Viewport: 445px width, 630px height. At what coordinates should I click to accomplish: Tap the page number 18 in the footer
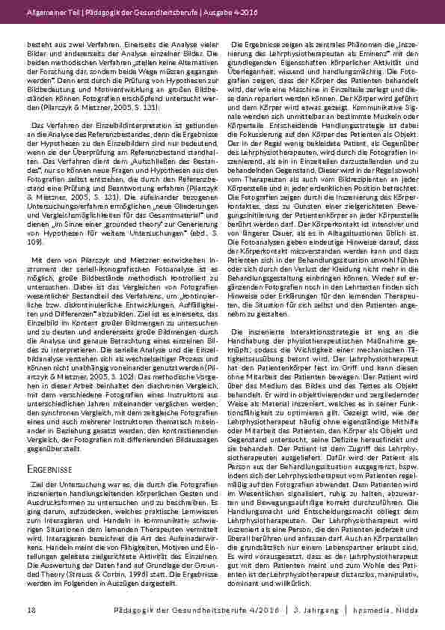click(x=31, y=611)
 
